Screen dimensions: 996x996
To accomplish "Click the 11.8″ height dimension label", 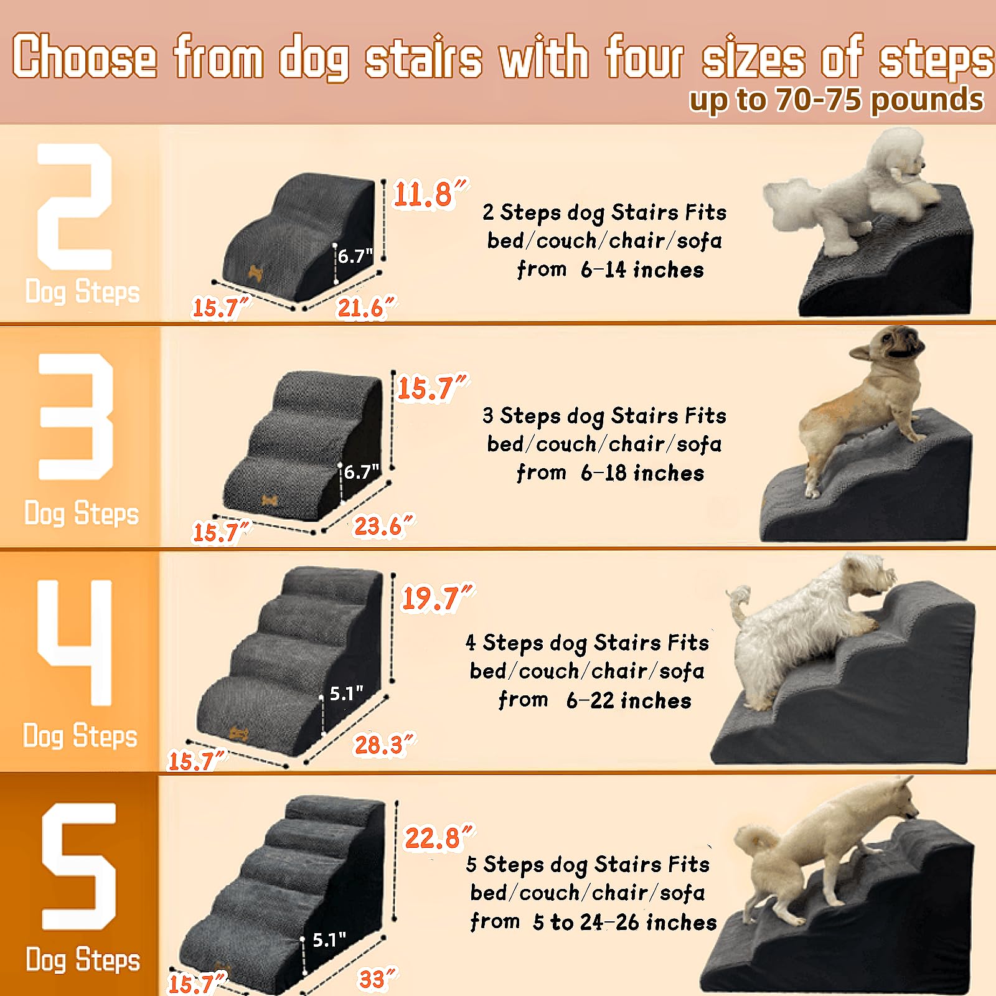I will tap(430, 194).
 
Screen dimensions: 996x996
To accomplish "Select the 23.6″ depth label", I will tap(383, 526).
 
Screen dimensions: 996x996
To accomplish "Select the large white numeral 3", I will tap(76, 416).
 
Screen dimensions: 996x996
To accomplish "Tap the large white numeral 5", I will tap(79, 865).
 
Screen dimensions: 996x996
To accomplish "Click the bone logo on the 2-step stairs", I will tap(256, 273).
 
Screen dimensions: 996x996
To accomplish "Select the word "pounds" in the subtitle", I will tap(927, 100).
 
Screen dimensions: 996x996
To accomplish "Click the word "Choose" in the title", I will tap(84, 57).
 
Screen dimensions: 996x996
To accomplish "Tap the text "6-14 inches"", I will tap(642, 270).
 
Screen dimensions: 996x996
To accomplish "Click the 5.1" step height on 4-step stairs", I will tap(346, 693).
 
